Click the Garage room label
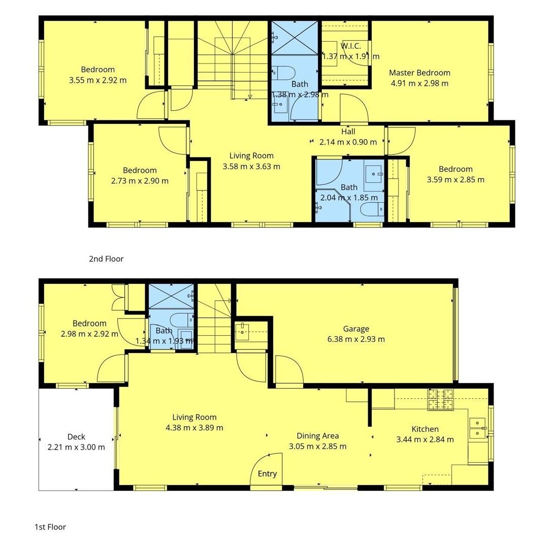(x=356, y=329)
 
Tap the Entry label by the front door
(x=267, y=473)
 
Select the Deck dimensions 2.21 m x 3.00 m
(x=76, y=447)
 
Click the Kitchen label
(x=425, y=429)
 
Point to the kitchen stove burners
(x=441, y=399)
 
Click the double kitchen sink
(x=478, y=428)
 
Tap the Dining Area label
(x=318, y=436)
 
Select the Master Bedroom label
(x=420, y=73)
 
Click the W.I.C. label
(x=351, y=46)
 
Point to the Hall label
(x=348, y=132)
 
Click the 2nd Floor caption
(x=106, y=259)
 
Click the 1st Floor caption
(x=50, y=527)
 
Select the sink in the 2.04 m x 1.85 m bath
(x=374, y=174)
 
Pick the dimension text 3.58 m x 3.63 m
(x=251, y=167)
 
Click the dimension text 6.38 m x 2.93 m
(x=356, y=339)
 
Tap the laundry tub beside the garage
(x=242, y=331)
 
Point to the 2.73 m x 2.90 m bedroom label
(x=140, y=170)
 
